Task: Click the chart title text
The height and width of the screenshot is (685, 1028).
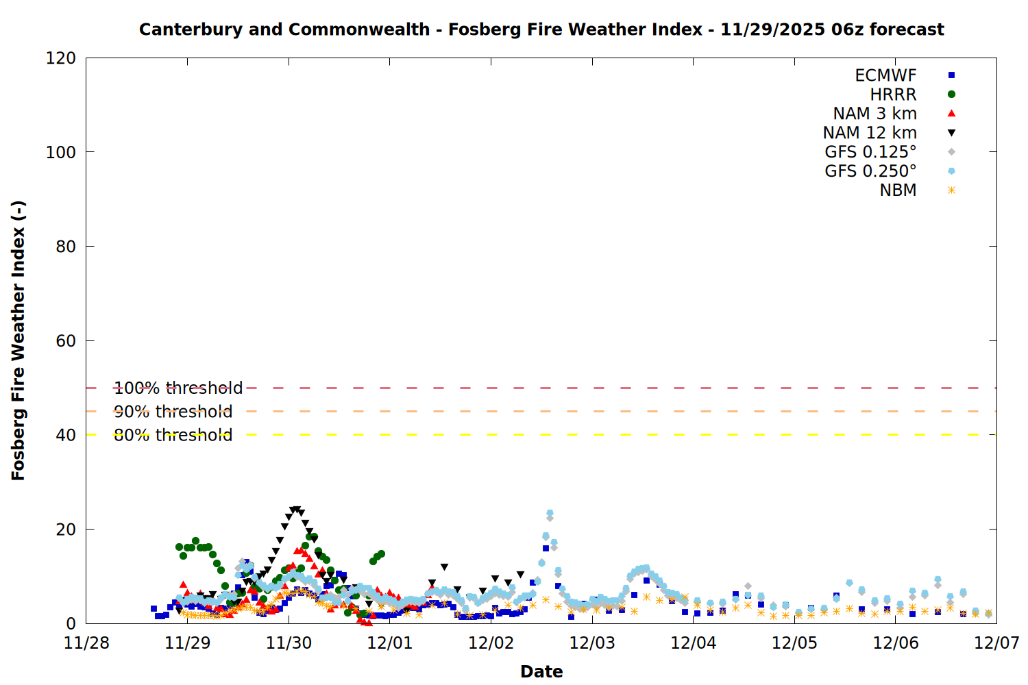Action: point(541,29)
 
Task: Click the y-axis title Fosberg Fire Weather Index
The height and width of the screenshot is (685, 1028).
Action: point(19,340)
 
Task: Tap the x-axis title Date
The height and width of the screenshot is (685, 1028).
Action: point(541,671)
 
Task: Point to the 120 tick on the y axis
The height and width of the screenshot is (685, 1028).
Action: point(61,58)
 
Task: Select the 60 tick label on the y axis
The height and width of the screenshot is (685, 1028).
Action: point(66,341)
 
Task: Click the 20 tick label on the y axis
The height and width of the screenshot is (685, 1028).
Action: point(66,530)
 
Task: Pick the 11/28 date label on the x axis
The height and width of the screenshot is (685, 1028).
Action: point(86,643)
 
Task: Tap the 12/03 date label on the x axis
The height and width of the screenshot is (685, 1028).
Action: point(592,643)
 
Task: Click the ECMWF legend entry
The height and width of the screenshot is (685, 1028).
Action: point(885,75)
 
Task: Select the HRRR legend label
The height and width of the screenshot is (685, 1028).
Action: point(893,95)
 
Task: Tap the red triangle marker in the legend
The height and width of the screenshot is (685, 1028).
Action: point(951,114)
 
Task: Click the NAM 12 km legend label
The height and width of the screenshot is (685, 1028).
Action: point(870,133)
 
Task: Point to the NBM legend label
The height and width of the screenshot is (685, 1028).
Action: point(898,190)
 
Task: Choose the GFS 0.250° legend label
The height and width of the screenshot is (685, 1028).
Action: point(870,171)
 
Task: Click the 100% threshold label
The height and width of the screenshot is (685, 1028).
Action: point(178,388)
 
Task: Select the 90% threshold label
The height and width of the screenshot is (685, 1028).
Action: point(173,412)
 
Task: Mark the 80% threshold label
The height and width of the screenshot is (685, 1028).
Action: point(173,435)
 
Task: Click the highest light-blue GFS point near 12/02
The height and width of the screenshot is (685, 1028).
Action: point(550,513)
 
